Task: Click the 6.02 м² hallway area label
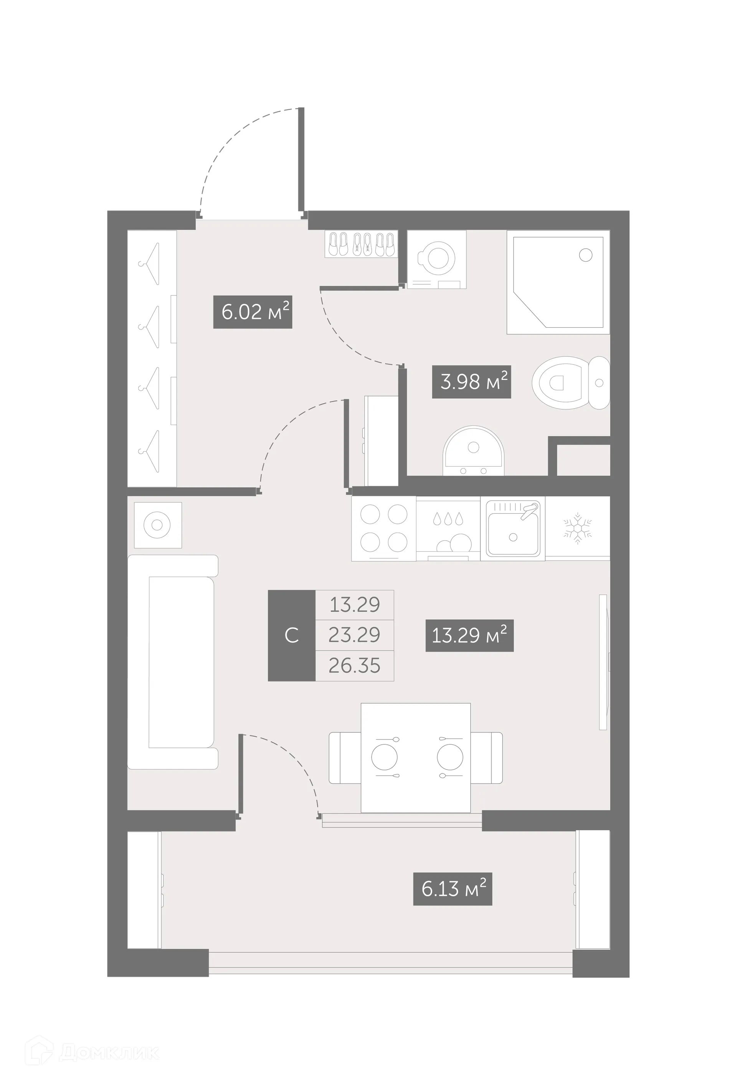point(253,312)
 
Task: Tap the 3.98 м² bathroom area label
point(471,381)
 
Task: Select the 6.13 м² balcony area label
point(453,889)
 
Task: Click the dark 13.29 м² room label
point(469,635)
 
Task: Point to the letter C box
point(291,635)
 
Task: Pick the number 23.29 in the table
point(354,635)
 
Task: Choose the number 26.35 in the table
point(354,665)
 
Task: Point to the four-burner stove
point(384,528)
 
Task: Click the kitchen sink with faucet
point(513,528)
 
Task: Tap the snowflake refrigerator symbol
point(578,528)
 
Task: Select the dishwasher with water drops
point(448,528)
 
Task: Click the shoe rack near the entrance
point(361,244)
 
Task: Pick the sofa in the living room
point(173,661)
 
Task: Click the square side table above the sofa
point(157,525)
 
